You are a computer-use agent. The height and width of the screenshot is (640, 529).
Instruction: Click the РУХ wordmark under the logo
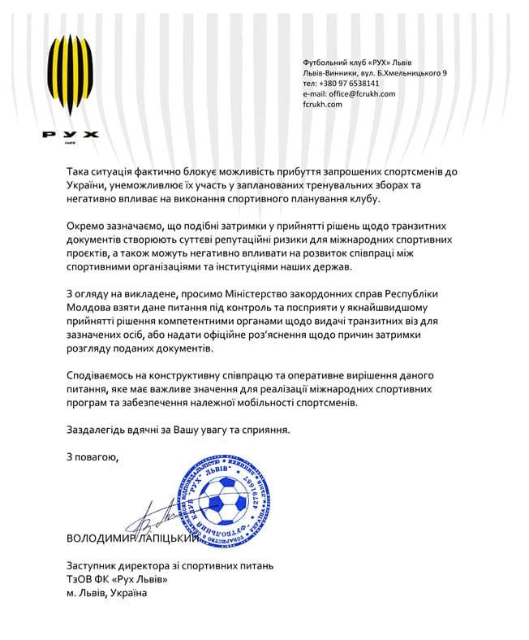[70, 134]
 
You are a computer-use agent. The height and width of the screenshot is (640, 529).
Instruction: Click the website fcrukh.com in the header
[323, 104]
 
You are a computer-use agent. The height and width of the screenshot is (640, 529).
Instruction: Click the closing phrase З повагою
[92, 458]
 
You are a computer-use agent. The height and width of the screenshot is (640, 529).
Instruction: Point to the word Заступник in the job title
[96, 564]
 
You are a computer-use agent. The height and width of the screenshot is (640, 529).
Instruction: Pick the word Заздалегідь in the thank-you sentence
[101, 430]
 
